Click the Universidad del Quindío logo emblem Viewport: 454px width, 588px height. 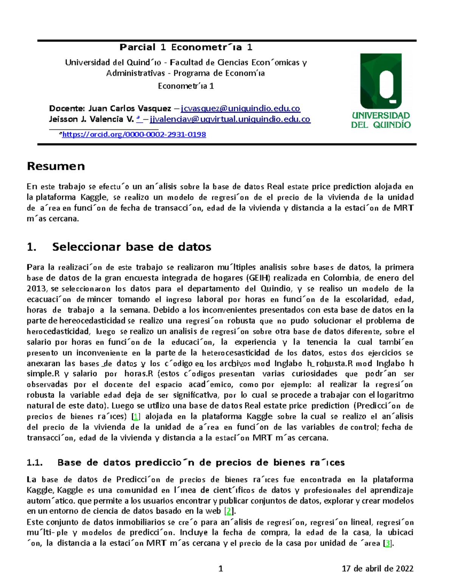[381, 81]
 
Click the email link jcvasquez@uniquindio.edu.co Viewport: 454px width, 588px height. [240, 109]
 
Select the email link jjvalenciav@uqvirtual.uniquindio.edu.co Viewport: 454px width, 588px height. [230, 120]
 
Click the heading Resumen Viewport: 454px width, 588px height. [56, 166]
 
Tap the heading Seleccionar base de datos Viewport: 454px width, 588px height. [131, 247]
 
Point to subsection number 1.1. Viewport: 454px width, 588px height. [34, 462]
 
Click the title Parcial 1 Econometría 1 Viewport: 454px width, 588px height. [186, 47]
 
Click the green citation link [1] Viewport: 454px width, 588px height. [136, 416]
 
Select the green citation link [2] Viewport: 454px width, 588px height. [228, 511]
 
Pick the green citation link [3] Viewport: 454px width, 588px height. [387, 543]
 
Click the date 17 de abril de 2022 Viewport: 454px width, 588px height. [377, 568]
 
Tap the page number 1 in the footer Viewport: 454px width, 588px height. [221, 568]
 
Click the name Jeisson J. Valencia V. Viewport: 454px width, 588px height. [91, 120]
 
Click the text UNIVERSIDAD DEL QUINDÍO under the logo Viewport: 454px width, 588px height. [381, 120]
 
